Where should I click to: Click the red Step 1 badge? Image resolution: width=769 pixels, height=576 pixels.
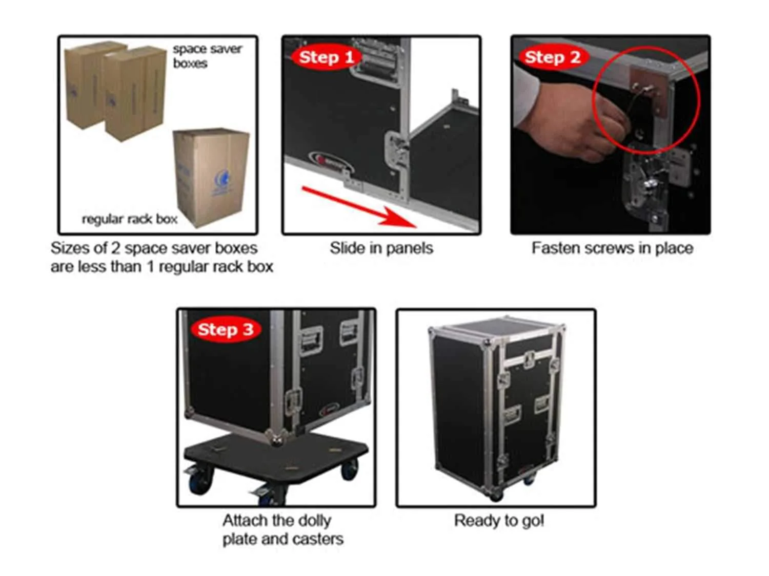[x=326, y=57]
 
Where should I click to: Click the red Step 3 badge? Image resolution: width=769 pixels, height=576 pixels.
[x=226, y=329]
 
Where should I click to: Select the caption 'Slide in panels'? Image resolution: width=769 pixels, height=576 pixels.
[x=381, y=248]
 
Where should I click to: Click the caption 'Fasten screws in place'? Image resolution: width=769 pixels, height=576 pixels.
[x=613, y=248]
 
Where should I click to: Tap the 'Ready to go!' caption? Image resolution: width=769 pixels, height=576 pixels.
[x=499, y=520]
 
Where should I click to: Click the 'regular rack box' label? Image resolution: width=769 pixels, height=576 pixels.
[x=130, y=219]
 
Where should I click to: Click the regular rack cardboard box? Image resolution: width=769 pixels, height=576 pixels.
[x=211, y=178]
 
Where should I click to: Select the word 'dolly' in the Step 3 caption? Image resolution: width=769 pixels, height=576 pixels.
[x=315, y=521]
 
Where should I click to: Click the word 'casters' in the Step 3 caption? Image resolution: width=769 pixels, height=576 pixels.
[x=318, y=539]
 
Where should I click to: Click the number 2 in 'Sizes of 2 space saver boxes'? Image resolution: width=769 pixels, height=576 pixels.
[x=116, y=248]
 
